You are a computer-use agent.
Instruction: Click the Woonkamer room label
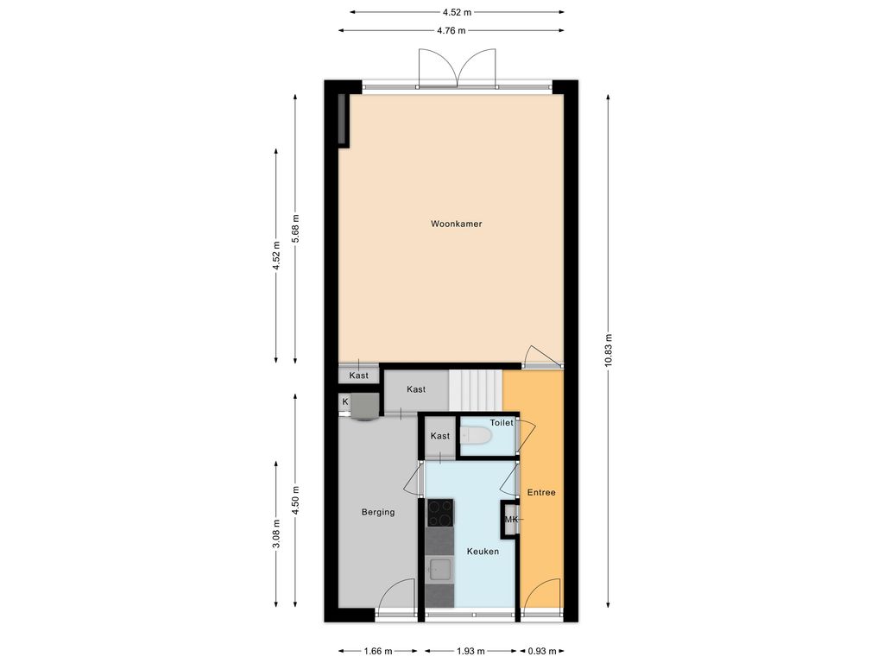tap(456, 224)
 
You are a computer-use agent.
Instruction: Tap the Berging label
tap(378, 513)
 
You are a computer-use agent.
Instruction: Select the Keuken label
tap(483, 552)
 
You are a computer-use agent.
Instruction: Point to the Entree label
tap(541, 493)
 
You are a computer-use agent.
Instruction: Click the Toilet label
tap(502, 423)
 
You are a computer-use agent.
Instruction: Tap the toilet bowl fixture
tap(476, 436)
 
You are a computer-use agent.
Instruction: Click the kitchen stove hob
tap(439, 513)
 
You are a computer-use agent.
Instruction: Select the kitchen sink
tap(439, 571)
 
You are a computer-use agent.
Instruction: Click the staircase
tap(476, 391)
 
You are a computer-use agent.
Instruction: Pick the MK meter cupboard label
tap(511, 519)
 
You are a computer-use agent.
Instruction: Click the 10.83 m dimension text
tap(609, 350)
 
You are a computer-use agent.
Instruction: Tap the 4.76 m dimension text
tap(451, 30)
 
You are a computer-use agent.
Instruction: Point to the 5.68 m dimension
tap(295, 229)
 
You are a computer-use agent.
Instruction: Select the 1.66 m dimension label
tap(378, 651)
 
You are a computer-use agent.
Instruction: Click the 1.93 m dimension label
tap(470, 651)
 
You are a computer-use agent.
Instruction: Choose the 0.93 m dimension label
tap(542, 651)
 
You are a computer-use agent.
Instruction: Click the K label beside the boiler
tap(345, 402)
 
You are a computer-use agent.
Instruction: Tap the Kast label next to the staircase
tap(416, 389)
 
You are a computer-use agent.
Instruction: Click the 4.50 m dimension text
tap(295, 500)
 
